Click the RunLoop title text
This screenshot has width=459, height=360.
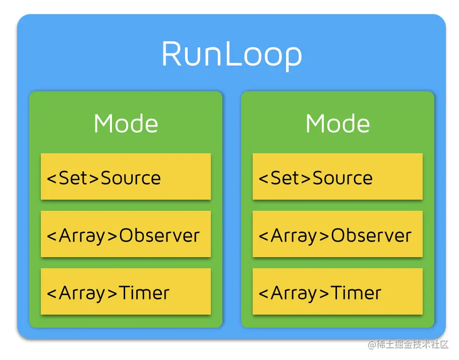[x=232, y=54]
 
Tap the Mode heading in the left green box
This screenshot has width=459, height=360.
[x=126, y=124]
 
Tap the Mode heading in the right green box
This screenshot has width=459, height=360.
[x=337, y=124]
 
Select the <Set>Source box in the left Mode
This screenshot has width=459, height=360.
[x=126, y=176]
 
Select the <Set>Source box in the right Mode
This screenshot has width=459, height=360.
[x=337, y=176]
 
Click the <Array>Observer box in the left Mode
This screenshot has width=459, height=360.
[x=126, y=234]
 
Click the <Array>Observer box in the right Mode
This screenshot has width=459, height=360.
[x=337, y=234]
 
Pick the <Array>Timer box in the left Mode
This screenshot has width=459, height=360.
[x=126, y=292]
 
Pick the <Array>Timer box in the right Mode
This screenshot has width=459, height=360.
[x=337, y=292]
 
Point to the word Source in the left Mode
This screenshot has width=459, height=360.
[x=131, y=178]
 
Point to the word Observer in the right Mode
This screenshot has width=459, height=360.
[x=371, y=235]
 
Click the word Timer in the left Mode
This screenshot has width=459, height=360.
[x=145, y=293]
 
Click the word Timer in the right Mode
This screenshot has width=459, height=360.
[x=357, y=293]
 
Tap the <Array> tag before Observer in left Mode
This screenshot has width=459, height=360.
[x=83, y=235]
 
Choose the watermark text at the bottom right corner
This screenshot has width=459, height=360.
[x=408, y=345]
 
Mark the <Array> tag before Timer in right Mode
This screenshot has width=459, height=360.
[x=295, y=293]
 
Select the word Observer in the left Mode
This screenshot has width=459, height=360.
[x=159, y=235]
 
